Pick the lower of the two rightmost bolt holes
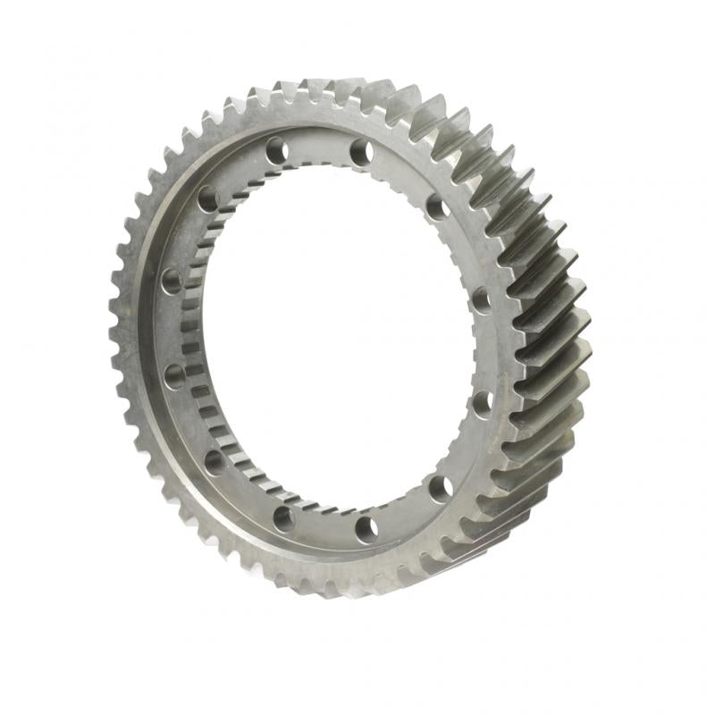click(482, 403)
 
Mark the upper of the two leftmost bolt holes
click(171, 282)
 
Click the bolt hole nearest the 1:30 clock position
click(437, 207)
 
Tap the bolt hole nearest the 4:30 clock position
click(439, 488)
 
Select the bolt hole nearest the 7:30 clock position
click(214, 462)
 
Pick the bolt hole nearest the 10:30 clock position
click(208, 198)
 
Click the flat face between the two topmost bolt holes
click(319, 143)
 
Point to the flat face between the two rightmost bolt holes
click(487, 351)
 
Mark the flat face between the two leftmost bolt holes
click(168, 328)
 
